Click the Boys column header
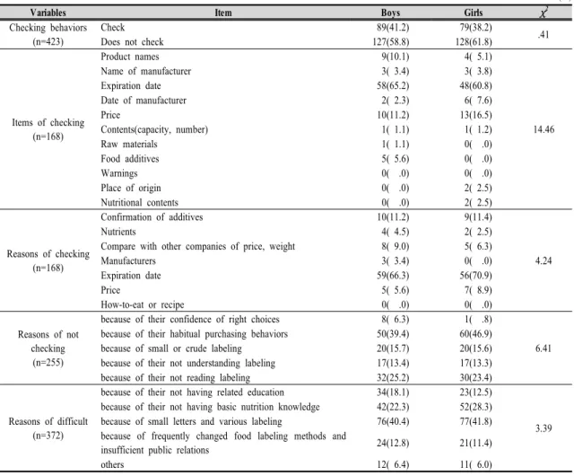pos(390,13)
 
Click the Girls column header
pos(474,13)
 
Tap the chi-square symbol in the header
pos(544,13)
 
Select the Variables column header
pos(48,13)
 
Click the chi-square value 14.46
pos(544,129)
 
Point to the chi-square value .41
pos(544,34)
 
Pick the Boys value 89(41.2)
pos(393,28)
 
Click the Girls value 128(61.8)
pos(474,42)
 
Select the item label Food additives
pos(130,159)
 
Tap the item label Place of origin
pos(131,188)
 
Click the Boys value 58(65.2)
pos(393,86)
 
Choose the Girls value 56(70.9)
pos(476,276)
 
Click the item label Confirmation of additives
pos(152,217)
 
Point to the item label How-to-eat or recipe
pos(143,304)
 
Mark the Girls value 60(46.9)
pos(476,334)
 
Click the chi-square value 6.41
pos(544,348)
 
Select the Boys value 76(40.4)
pos(393,421)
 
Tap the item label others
pos(112,464)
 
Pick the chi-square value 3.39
pos(544,428)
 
